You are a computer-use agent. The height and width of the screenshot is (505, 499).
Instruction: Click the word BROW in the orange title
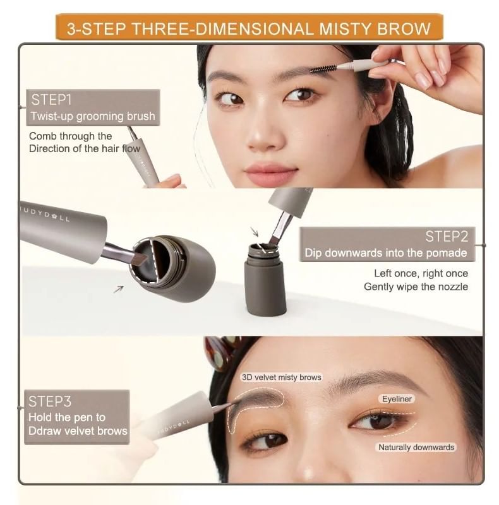tap(404, 28)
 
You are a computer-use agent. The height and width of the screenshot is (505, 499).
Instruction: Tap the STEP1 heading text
tap(51, 100)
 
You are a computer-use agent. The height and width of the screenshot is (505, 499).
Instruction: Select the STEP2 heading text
tap(446, 236)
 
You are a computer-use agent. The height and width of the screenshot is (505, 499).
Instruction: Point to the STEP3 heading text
tap(50, 401)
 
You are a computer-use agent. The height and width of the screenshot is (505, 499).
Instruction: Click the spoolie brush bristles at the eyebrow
tap(323, 69)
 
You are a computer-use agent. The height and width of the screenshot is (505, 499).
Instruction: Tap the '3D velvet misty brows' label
tap(282, 377)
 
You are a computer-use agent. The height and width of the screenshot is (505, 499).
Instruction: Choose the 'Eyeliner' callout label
tap(397, 399)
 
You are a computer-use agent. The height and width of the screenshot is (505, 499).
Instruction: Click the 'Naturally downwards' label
tap(416, 448)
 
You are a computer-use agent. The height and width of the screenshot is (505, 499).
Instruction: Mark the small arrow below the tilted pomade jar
tap(119, 289)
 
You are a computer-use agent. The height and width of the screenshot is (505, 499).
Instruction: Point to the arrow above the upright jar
tap(255, 232)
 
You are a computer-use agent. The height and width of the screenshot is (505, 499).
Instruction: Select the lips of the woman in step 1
tap(270, 172)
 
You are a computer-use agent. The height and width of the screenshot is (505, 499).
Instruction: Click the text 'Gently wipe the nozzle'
tap(416, 287)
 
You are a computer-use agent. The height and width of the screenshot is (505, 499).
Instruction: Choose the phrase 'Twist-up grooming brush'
tap(93, 116)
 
